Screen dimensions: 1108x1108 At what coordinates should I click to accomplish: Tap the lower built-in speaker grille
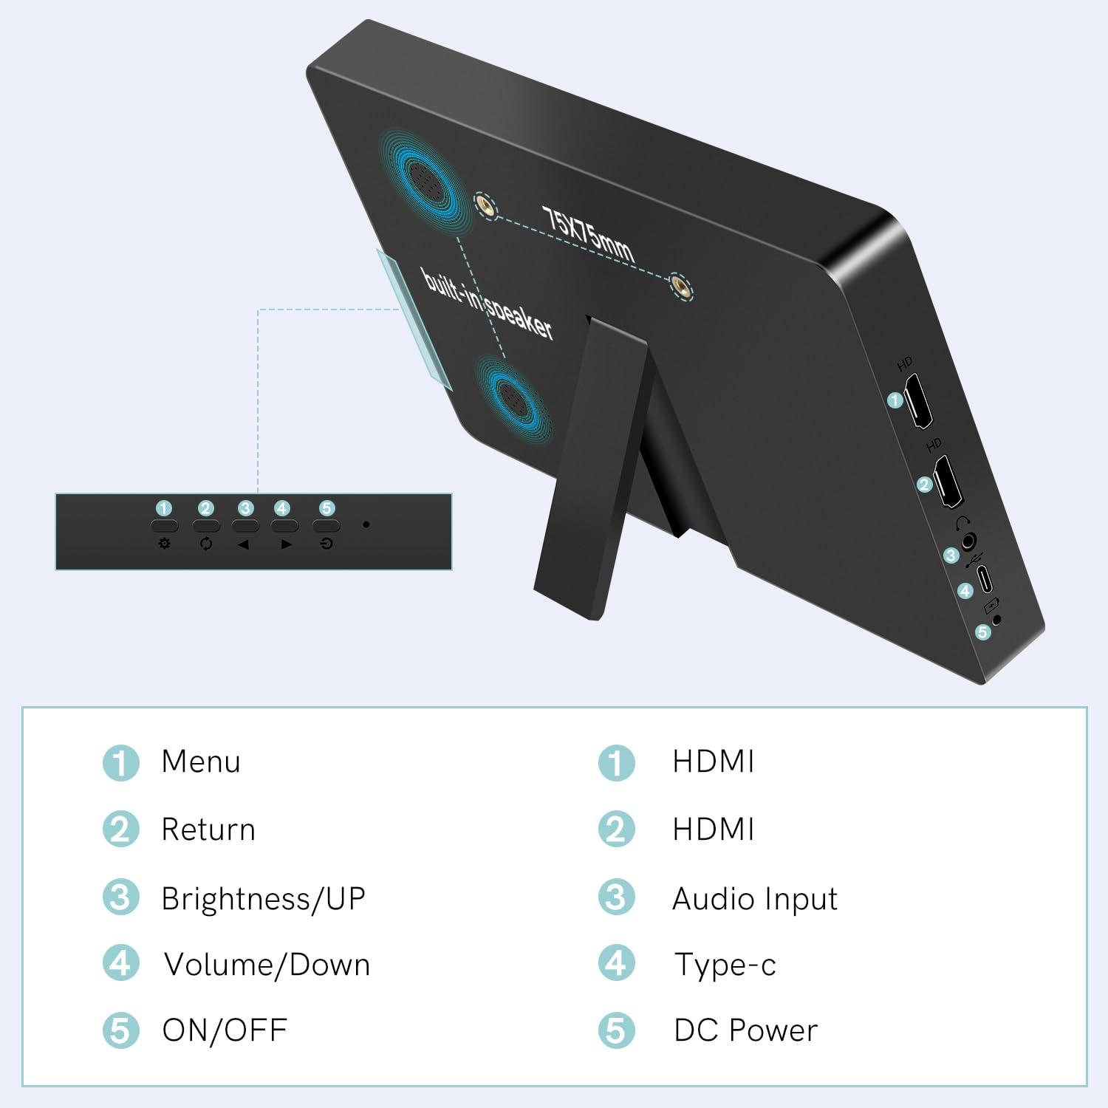pos(511,399)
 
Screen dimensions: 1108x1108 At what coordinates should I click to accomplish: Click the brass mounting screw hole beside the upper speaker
pos(485,207)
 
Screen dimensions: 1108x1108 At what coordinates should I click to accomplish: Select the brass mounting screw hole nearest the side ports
pos(680,286)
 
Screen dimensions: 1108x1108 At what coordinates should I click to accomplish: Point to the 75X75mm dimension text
pos(588,234)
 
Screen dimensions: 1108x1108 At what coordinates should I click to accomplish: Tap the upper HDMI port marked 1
pos(919,401)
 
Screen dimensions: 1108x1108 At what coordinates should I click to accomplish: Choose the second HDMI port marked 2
pos(948,482)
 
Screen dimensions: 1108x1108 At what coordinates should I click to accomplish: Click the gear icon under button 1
pos(164,544)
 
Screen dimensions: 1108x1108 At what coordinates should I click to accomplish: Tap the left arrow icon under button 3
pos(244,544)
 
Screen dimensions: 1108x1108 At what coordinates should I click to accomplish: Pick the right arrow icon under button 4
pos(286,544)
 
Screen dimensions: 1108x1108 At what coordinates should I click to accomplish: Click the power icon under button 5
pos(326,544)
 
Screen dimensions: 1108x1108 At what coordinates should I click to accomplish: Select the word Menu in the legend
pos(201,762)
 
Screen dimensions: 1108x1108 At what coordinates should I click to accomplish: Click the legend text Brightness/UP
pos(264,899)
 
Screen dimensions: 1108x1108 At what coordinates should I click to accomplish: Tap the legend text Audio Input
pos(755,899)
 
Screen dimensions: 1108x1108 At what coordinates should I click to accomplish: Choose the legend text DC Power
pos(746,1030)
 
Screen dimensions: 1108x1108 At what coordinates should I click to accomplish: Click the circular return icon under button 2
pos(206,544)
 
